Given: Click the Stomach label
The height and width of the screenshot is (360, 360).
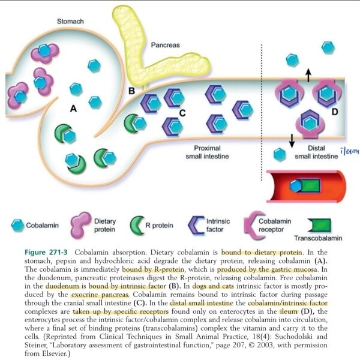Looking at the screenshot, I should tap(70, 22).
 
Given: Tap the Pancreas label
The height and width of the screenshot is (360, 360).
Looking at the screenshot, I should tap(165, 45).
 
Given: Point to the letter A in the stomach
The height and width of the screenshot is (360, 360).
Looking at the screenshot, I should tap(74, 109).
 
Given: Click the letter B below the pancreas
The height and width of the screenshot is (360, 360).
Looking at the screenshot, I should tap(131, 91).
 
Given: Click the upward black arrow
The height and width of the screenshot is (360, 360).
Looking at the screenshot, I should tap(309, 74).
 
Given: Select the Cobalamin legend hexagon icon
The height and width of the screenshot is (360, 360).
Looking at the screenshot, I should tap(17, 226).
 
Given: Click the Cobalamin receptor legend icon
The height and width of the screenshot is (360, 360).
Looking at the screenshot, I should tap(250, 226).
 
